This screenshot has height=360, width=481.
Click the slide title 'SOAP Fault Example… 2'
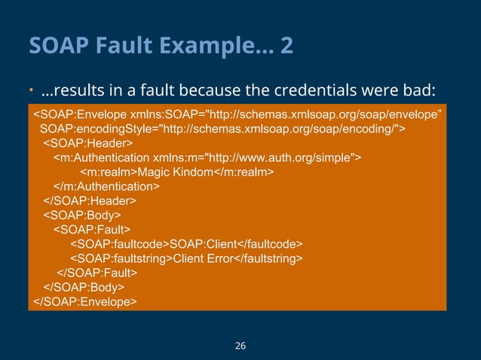(x=161, y=47)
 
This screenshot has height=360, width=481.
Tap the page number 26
(x=240, y=346)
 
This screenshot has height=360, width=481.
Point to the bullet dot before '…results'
(x=32, y=92)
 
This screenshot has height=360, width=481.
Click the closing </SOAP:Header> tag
(x=90, y=200)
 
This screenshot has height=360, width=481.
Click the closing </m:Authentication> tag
(x=106, y=186)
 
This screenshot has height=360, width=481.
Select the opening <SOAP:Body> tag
(x=82, y=215)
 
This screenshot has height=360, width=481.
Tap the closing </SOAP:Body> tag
(x=84, y=287)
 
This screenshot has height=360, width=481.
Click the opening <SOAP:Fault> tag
(x=91, y=229)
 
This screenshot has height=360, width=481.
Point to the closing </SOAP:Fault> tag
(x=97, y=273)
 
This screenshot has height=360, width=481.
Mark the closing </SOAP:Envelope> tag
(x=84, y=301)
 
